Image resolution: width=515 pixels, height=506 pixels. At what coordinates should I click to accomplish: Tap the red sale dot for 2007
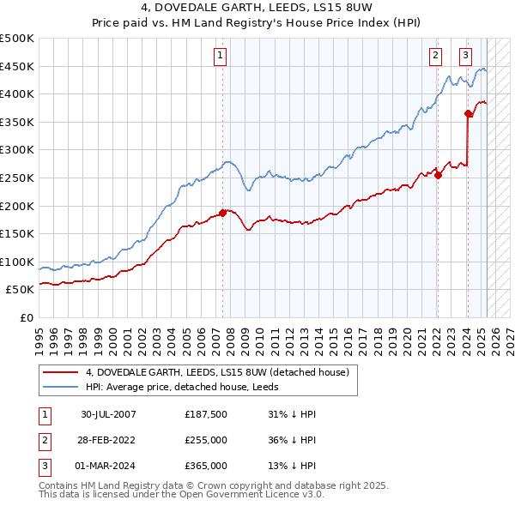[222, 212]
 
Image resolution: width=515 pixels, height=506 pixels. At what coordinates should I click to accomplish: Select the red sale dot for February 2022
[438, 175]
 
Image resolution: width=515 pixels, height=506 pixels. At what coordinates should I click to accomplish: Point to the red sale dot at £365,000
[468, 113]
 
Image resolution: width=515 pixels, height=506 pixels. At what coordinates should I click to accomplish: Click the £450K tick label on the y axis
[17, 66]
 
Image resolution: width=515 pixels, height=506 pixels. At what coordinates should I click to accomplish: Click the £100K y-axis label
[17, 262]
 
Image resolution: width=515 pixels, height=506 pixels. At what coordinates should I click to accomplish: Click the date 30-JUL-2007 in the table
[107, 414]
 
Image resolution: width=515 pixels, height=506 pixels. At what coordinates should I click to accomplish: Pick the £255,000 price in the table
[206, 440]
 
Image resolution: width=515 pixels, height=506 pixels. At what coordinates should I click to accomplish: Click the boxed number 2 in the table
[44, 440]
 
